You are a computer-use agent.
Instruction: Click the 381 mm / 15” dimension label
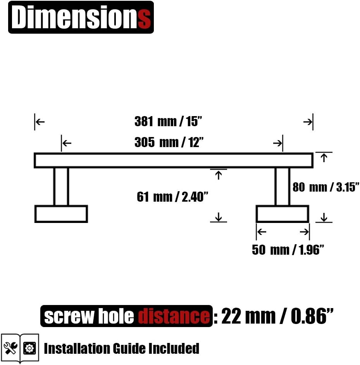(x=168, y=122)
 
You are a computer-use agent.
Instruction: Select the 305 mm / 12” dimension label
(x=169, y=142)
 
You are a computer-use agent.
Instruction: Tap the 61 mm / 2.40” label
(x=172, y=197)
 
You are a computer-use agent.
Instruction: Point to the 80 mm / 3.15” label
(x=326, y=187)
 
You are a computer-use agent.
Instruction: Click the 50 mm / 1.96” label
(x=288, y=250)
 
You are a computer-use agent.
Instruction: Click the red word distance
(x=174, y=316)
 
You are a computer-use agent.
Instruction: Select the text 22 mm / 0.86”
(x=277, y=316)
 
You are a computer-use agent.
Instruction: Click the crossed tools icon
(x=10, y=348)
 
